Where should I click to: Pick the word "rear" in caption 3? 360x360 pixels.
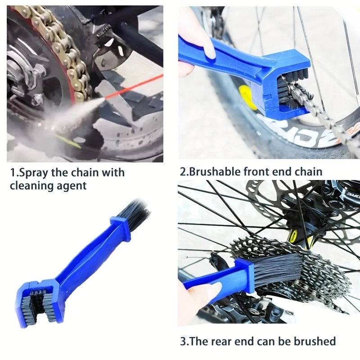(225, 341)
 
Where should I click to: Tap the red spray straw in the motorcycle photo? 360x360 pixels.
(135, 85)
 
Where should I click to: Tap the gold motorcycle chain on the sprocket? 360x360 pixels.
(67, 49)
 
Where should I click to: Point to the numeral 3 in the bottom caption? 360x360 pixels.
(183, 341)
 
